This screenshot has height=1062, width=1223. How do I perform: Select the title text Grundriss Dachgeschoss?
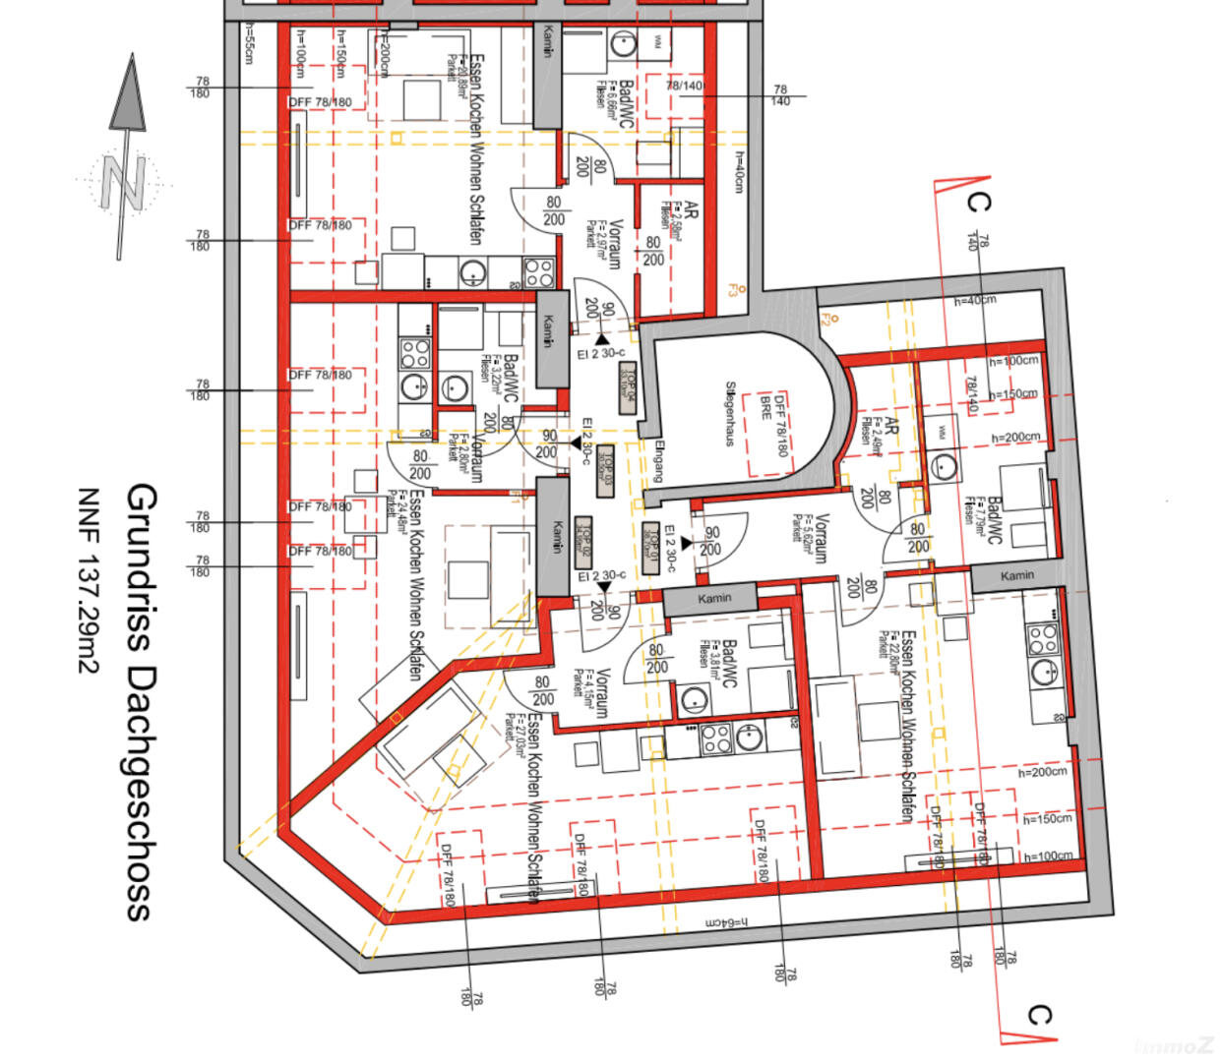point(141,701)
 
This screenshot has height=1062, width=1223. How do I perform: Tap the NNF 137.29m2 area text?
point(90,581)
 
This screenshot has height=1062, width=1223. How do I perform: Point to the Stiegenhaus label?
point(730,413)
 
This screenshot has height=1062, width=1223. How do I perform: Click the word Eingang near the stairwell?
point(657,460)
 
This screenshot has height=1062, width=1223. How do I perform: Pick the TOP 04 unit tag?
point(627,387)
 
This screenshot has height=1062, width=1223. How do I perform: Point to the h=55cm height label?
point(249,44)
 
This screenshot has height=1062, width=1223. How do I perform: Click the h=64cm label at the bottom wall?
point(725,923)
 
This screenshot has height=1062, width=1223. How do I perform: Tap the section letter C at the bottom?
point(1039,1015)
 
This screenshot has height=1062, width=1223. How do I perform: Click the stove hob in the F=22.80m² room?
point(1041,640)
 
